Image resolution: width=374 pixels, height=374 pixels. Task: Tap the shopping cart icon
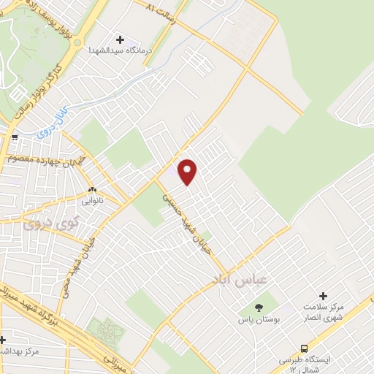tap(13, 137)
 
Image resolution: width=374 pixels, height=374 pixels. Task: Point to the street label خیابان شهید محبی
tap(80, 256)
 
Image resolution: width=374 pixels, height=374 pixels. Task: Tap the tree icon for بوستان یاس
tap(258, 308)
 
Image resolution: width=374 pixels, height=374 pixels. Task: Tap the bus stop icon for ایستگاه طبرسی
tap(305, 348)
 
